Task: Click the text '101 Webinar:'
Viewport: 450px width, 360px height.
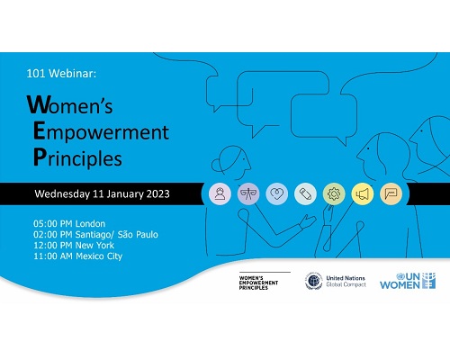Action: coord(61,73)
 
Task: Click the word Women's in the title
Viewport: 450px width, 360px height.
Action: coord(69,104)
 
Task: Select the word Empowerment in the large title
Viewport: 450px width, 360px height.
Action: coord(101,131)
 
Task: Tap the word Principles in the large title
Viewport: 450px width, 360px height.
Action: coord(77,157)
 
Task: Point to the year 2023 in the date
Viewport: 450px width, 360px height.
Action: coord(158,193)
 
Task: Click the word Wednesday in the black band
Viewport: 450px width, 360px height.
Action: coord(62,194)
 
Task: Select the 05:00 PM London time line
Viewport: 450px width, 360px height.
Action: coord(69,223)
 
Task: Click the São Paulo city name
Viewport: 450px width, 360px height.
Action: coord(138,234)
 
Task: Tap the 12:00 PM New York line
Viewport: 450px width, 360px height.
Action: coord(74,245)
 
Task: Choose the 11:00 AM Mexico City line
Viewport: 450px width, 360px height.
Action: coord(78,256)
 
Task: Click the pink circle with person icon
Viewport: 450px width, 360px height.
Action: coord(220,193)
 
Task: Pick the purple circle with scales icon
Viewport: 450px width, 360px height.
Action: coord(248,193)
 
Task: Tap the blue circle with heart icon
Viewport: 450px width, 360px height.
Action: coord(277,193)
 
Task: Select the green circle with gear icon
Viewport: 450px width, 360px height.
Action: coord(334,193)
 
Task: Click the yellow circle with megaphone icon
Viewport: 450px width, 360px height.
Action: coord(363,193)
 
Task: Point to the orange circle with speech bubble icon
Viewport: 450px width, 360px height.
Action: coord(391,193)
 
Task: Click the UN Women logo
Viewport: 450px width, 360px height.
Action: coord(408,281)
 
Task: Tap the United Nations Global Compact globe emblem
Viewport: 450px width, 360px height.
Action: coord(313,281)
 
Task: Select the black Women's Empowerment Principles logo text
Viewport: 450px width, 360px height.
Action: coord(258,283)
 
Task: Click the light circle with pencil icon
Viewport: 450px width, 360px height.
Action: coord(305,193)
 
